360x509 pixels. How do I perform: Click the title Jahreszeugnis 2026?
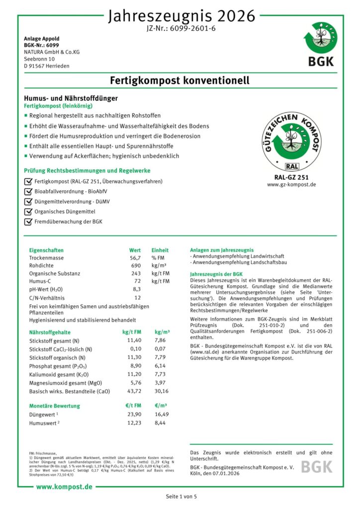pyautogui.click(x=181, y=16)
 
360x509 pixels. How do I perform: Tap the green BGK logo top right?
pyautogui.click(x=320, y=47)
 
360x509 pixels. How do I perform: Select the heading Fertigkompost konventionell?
pyautogui.click(x=180, y=81)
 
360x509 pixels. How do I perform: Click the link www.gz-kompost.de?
pyautogui.click(x=291, y=184)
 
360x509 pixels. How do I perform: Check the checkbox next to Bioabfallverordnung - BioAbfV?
pyautogui.click(x=28, y=191)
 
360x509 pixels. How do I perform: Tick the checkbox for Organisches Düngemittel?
pyautogui.click(x=28, y=211)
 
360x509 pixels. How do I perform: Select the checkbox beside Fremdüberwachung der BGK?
pyautogui.click(x=28, y=221)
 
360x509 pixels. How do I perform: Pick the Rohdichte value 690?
pyautogui.click(x=136, y=266)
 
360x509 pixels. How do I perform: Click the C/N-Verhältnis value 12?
pyautogui.click(x=138, y=297)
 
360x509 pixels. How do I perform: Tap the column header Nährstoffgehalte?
pyautogui.click(x=50, y=332)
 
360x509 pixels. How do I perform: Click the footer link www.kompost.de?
pyautogui.click(x=64, y=486)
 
